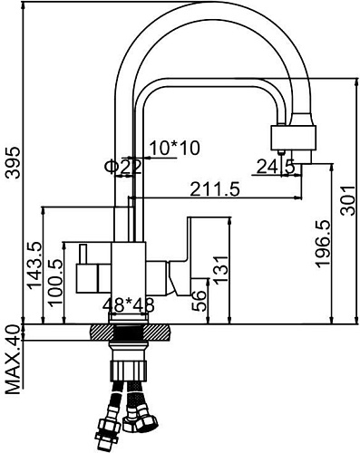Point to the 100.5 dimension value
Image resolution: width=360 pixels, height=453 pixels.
coord(56,284)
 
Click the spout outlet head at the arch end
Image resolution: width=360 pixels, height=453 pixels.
coord(295,138)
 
